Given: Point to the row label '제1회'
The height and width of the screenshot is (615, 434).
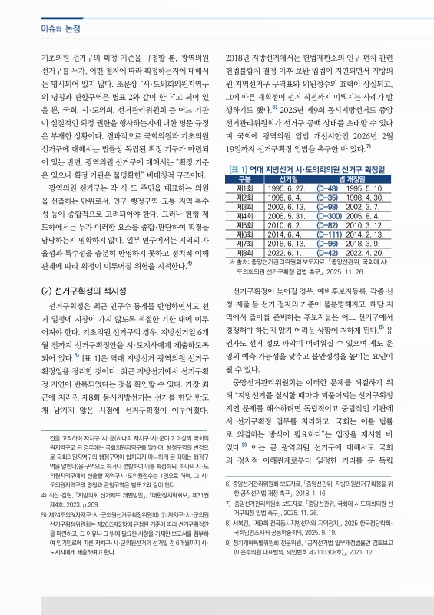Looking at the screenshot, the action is [245, 188].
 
